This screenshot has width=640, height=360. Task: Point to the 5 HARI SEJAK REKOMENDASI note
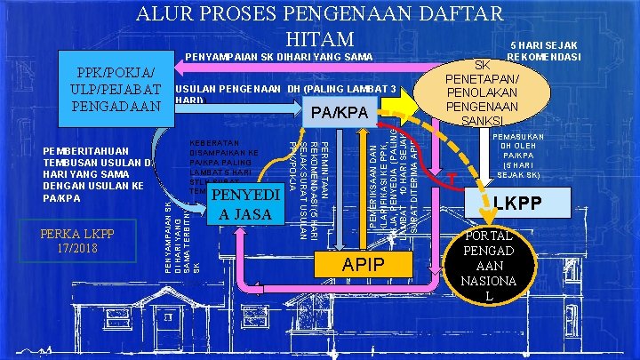(543, 52)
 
